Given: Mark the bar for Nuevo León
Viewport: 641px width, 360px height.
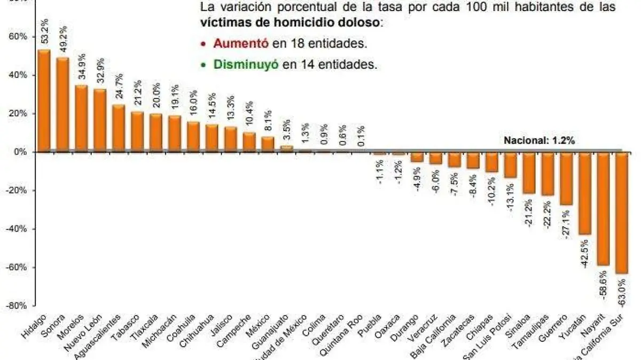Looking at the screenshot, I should [100, 120].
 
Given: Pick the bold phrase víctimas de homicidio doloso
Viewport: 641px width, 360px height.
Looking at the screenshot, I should [291, 23].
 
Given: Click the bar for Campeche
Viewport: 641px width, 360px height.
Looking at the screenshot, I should [249, 142].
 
